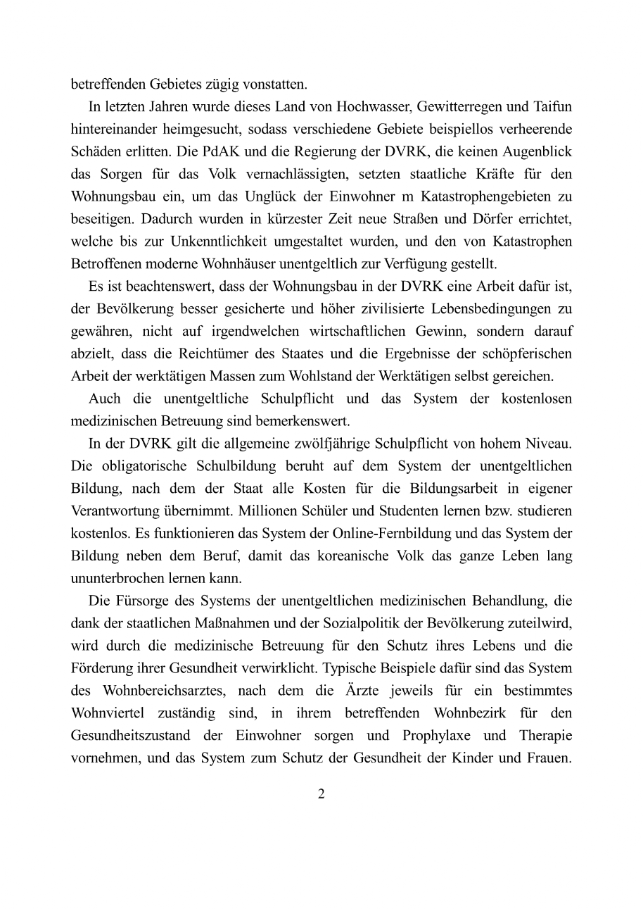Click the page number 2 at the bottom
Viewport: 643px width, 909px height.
coord(321,794)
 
